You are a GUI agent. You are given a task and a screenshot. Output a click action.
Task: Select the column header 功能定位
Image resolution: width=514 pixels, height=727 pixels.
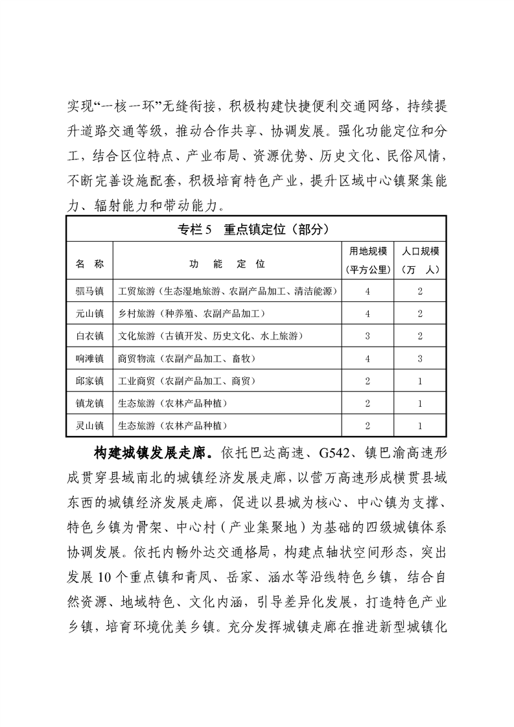[x=227, y=264]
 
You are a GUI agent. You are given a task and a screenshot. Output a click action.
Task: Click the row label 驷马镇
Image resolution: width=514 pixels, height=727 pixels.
[x=89, y=291]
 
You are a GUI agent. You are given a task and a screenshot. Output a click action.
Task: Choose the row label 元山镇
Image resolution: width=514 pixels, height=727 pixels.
[x=89, y=314]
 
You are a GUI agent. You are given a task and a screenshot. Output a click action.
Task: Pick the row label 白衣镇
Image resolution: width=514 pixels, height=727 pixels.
[x=89, y=336]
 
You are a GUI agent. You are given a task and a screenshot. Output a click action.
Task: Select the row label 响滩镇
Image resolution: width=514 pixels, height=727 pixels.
[x=89, y=358]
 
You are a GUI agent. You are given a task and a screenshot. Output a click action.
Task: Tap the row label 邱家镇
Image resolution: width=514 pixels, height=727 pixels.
[x=89, y=381]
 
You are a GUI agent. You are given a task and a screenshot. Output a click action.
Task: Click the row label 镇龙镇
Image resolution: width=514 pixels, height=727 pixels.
[x=89, y=404]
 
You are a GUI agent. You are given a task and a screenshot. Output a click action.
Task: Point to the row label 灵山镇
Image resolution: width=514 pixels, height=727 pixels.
[x=89, y=426]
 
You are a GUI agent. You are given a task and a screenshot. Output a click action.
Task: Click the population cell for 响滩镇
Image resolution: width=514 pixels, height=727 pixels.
[x=421, y=358]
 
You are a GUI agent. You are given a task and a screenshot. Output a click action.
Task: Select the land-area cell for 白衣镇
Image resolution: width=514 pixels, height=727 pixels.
[x=368, y=336]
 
